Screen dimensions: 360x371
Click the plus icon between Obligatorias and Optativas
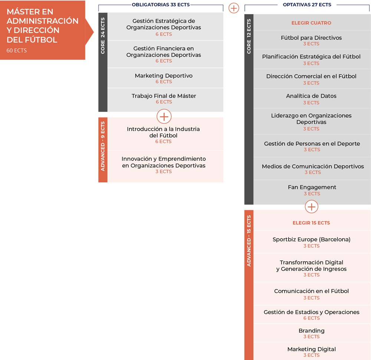pos(234,8)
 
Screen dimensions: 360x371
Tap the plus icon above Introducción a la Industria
pos(164,116)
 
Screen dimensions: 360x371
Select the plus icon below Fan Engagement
pos(312,207)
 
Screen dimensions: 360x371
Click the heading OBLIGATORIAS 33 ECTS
pos(161,5)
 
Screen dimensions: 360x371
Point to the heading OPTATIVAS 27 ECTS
pos(307,5)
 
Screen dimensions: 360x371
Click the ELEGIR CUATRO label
pos(311,23)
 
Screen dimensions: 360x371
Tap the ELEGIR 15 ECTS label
pos(311,223)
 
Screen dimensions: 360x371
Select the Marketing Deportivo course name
pos(164,76)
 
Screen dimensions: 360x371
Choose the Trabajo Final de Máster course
pos(164,96)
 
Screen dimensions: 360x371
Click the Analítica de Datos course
pos(311,96)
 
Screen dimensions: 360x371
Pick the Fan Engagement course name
pos(312,187)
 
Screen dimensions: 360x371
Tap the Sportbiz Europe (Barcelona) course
pos(311,240)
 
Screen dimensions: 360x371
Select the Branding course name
pos(312,331)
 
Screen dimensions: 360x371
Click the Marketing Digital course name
pos(312,349)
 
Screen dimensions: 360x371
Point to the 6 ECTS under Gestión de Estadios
pos(312,318)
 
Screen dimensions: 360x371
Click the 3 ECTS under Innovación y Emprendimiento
pos(164,172)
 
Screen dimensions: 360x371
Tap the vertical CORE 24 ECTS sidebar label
pos(103,36)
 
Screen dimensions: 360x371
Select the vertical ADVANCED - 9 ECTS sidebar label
pos(103,146)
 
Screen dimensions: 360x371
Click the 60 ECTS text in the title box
pos(17,50)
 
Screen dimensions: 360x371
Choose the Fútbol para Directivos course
pos(311,38)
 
